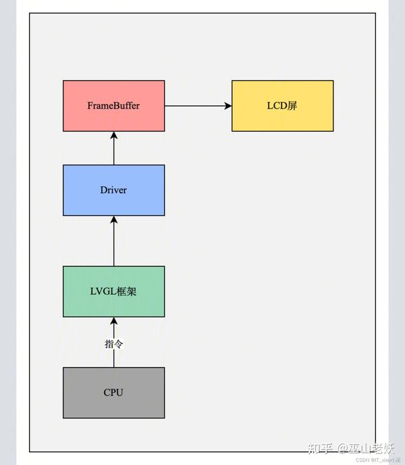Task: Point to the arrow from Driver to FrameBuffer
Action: tap(113, 148)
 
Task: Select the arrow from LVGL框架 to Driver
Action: tap(113, 241)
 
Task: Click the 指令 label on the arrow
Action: tap(113, 344)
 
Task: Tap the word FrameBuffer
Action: tap(113, 106)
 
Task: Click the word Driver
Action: tap(113, 190)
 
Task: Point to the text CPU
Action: tap(113, 393)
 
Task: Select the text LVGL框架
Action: tap(113, 292)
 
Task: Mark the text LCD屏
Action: tap(282, 106)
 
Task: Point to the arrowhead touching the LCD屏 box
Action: tap(227, 106)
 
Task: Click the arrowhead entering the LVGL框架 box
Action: tap(113, 322)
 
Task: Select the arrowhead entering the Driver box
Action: tap(113, 220)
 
